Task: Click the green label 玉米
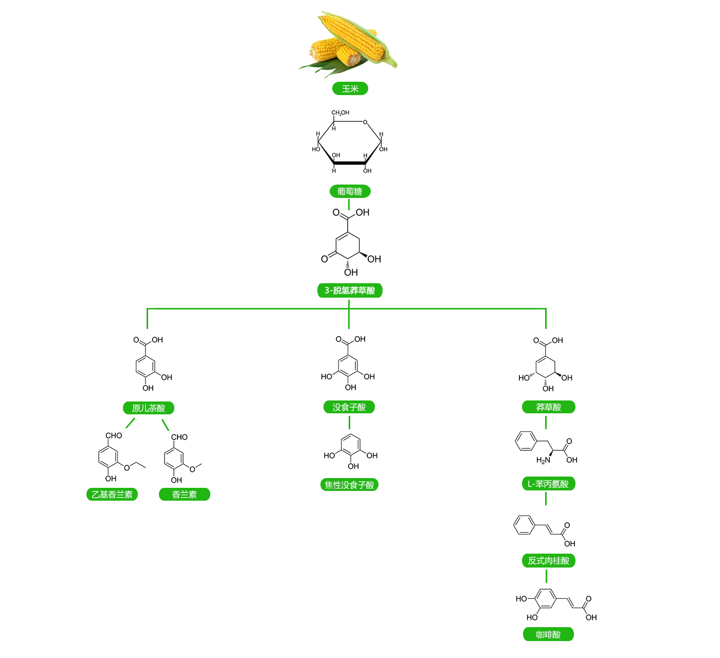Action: (350, 88)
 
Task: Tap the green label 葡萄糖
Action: (350, 191)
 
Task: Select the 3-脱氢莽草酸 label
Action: (350, 290)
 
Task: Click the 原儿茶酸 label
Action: (149, 408)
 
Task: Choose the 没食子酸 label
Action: (349, 407)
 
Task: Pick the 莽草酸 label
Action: (548, 407)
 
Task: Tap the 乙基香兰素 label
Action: (112, 495)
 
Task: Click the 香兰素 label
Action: (185, 495)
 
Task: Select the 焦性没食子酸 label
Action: (349, 485)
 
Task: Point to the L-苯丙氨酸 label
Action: (548, 484)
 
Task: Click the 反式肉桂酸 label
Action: (548, 560)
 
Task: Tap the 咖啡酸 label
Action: (548, 634)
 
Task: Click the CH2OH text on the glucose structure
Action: (340, 113)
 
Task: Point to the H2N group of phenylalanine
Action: (543, 460)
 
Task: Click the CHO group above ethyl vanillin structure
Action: (114, 435)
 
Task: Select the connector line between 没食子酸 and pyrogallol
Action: (349, 423)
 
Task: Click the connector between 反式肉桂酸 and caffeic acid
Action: (546, 576)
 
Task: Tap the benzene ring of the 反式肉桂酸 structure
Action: (524, 525)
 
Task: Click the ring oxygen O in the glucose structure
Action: (365, 122)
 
